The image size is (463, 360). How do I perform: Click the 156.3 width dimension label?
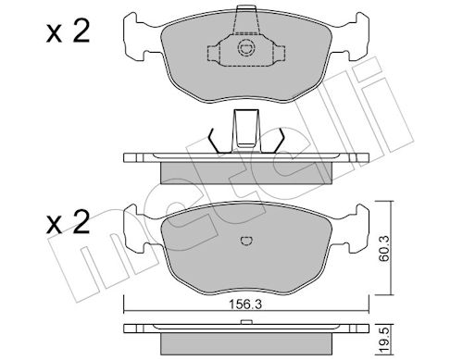pyautogui.click(x=245, y=304)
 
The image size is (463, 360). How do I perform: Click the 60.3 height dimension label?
pyautogui.click(x=384, y=248)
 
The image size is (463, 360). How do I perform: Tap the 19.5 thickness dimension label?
pyautogui.click(x=384, y=340)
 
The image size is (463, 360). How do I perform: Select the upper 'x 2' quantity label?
pyautogui.click(x=68, y=31)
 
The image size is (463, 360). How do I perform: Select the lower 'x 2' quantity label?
pyautogui.click(x=68, y=222)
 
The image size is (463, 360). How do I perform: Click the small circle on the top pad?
pyautogui.click(x=245, y=48)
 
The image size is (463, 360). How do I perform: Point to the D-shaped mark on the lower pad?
pyautogui.click(x=246, y=241)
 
